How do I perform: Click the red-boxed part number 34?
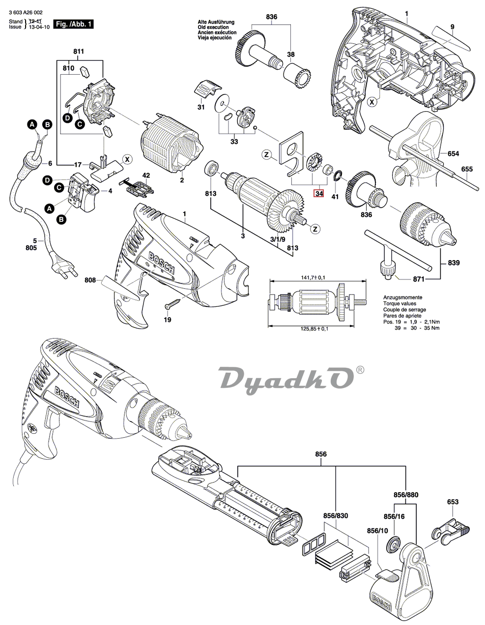pyautogui.click(x=319, y=194)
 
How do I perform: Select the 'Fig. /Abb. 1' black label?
pyautogui.click(x=73, y=24)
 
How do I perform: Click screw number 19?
pyautogui.click(x=173, y=304)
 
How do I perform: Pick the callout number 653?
pyautogui.click(x=453, y=502)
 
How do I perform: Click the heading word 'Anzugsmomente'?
pyautogui.click(x=402, y=298)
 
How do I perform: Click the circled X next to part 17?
pyautogui.click(x=127, y=159)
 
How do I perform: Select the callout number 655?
pyautogui.click(x=467, y=170)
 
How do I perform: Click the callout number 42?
pyautogui.click(x=145, y=175)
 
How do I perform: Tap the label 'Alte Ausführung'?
pyautogui.click(x=216, y=22)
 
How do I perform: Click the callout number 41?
pyautogui.click(x=335, y=197)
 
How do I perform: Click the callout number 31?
pyautogui.click(x=200, y=107)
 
